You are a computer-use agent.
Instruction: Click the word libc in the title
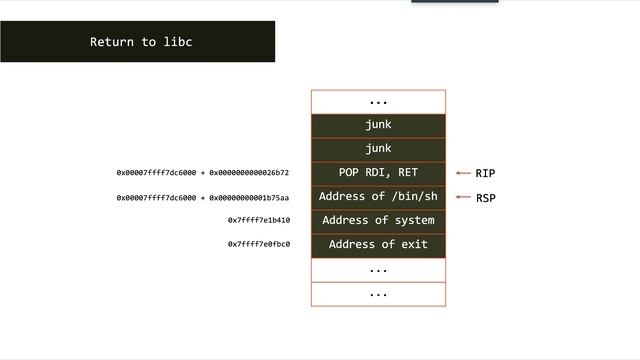click(177, 42)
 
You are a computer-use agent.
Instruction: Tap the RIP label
click(485, 173)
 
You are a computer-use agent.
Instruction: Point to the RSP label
click(485, 198)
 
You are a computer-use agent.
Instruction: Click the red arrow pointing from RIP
click(462, 173)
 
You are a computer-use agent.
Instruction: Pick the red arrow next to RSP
click(462, 198)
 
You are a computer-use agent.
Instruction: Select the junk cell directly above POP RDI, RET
click(378, 149)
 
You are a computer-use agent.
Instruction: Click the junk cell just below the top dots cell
click(378, 125)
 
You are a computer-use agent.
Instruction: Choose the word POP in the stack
click(349, 173)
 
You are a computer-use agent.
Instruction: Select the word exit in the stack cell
click(414, 244)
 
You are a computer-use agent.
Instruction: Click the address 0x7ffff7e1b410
click(259, 220)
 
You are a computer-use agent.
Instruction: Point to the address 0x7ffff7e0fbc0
click(259, 244)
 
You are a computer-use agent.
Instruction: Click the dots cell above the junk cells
click(378, 101)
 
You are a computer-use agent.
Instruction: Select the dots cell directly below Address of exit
click(378, 269)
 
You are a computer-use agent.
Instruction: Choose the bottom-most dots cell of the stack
click(378, 294)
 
